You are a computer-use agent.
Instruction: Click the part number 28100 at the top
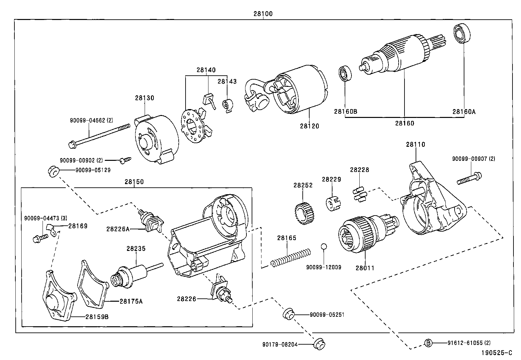click(263, 14)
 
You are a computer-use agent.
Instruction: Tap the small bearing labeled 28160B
click(344, 74)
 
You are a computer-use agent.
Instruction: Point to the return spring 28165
click(290, 257)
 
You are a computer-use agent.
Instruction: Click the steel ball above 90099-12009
click(324, 246)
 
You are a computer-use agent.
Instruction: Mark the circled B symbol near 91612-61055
click(428, 343)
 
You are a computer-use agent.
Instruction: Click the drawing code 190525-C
click(496, 353)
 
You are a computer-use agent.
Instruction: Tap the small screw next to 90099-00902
click(125, 160)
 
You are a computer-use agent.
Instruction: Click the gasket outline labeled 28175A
click(93, 283)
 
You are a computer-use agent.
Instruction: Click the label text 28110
click(415, 144)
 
